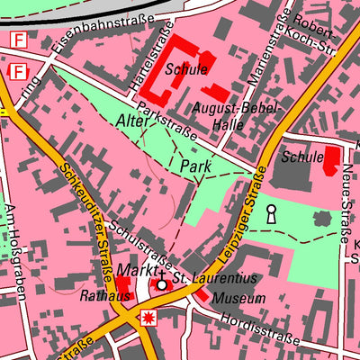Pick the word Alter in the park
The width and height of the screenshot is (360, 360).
(133, 120)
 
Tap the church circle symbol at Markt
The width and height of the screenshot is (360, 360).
(162, 284)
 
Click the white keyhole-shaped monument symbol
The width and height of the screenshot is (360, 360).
(270, 214)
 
